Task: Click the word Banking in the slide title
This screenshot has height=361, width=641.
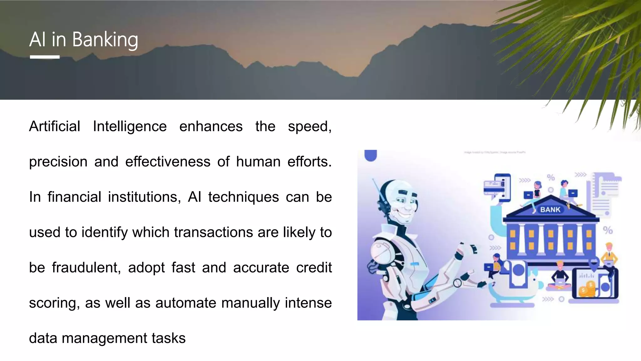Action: (x=105, y=40)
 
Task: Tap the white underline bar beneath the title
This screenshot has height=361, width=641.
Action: (x=45, y=57)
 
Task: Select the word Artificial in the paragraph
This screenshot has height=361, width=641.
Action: (x=55, y=127)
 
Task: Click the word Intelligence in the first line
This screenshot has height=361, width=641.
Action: (x=130, y=127)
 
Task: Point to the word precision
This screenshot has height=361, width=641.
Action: (x=58, y=162)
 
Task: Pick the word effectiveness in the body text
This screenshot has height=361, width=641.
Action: (x=168, y=162)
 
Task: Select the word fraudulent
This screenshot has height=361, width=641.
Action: (x=86, y=268)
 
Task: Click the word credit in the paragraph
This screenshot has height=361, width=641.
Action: (x=314, y=268)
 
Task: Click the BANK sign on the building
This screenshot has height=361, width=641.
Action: (x=550, y=210)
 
